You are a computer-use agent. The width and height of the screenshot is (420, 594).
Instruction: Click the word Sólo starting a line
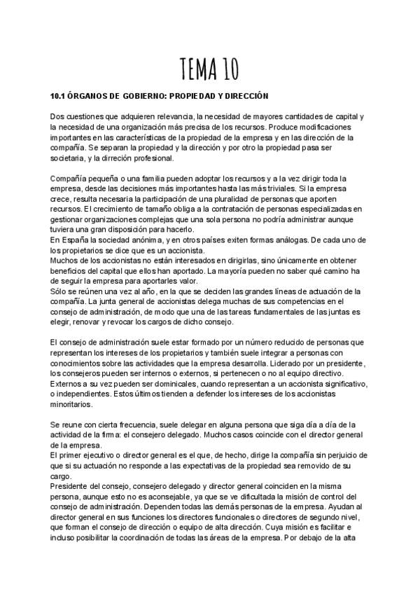pyautogui.click(x=60, y=291)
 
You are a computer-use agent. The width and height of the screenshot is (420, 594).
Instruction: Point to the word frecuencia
pyautogui.click(x=132, y=424)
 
